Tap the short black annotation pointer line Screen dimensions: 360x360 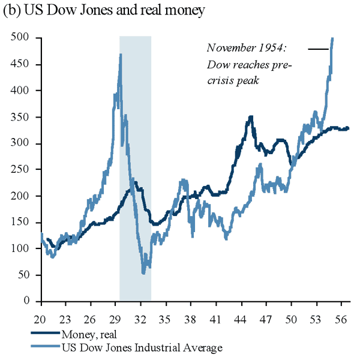(x=316, y=48)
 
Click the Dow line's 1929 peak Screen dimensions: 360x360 (x=121, y=55)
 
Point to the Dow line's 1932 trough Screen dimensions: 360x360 (x=143, y=273)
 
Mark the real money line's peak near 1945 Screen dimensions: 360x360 (x=250, y=117)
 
